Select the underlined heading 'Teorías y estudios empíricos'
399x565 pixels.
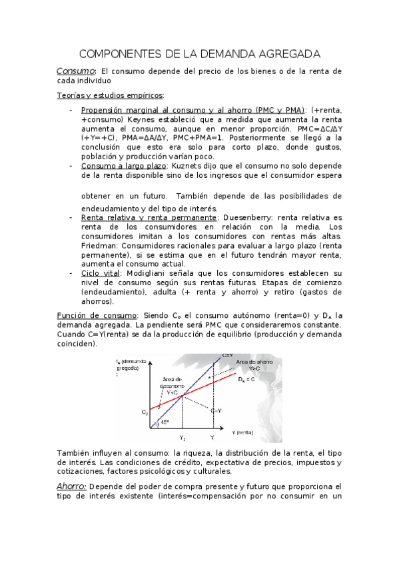pyautogui.click(x=109, y=95)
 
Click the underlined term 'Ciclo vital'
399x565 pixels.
pyautogui.click(x=100, y=273)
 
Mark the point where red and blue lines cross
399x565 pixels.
pyautogui.click(x=182, y=396)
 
